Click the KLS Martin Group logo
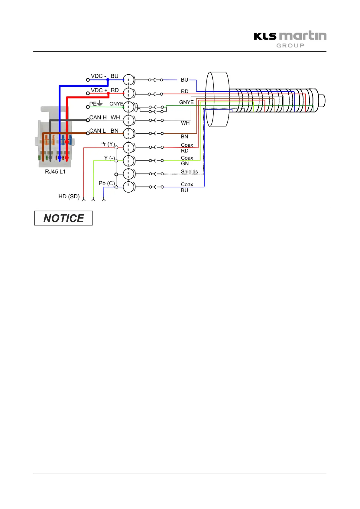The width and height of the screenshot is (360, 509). click(290, 40)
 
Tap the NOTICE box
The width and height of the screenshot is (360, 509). click(63, 218)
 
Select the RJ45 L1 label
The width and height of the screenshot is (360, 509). click(55, 172)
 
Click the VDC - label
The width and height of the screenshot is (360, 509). click(99, 76)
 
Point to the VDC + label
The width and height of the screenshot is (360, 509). click(99, 90)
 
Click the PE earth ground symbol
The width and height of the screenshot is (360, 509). click(100, 103)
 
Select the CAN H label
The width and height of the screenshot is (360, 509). click(98, 118)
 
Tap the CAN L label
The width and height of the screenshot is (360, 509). click(97, 131)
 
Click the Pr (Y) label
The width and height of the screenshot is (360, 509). click(108, 144)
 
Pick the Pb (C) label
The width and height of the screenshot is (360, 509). click(107, 183)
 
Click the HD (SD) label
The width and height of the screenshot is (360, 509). click(69, 196)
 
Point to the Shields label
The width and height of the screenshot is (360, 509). click(190, 172)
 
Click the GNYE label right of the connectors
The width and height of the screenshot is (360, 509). click(186, 102)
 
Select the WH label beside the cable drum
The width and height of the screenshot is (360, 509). click(185, 123)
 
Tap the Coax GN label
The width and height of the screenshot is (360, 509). click(187, 161)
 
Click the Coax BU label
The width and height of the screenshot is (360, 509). click(187, 187)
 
